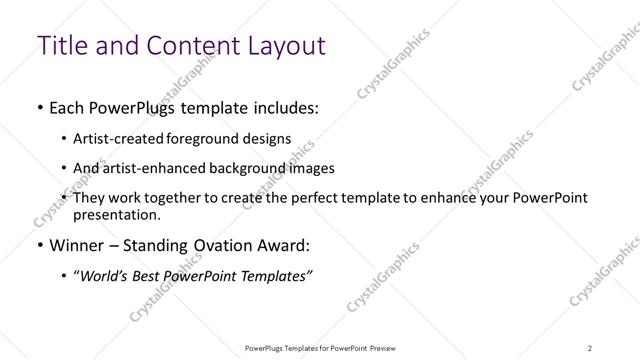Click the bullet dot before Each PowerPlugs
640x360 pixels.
coord(39,106)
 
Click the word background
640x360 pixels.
coord(250,169)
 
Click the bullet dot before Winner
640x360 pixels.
coord(39,245)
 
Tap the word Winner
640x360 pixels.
coord(76,245)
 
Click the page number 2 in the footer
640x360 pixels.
coord(589,348)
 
